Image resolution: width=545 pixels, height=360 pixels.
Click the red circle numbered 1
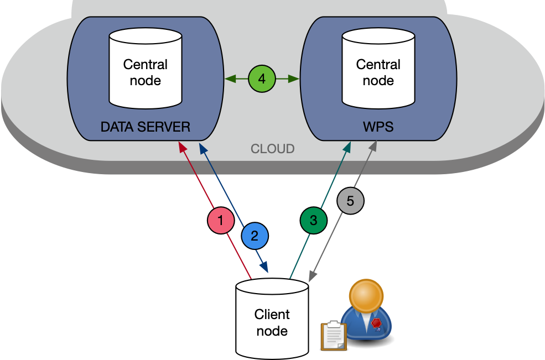click(x=221, y=221)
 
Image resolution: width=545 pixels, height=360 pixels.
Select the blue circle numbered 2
click(x=255, y=236)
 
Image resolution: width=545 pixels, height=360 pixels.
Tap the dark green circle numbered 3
click(x=314, y=220)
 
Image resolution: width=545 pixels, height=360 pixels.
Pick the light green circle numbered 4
click(x=262, y=79)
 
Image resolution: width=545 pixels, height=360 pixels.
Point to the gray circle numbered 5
click(x=350, y=201)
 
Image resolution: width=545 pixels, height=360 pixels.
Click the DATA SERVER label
click(x=146, y=127)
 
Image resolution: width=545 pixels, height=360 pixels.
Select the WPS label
click(x=378, y=127)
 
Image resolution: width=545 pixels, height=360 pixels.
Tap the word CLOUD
click(x=273, y=149)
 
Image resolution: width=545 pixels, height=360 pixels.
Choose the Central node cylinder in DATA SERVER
click(x=146, y=69)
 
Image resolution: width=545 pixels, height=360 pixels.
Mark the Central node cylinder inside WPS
click(x=378, y=69)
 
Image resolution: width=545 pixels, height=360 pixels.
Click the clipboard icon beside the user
click(x=334, y=335)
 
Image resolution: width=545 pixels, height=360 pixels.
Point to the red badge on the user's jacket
click(x=376, y=323)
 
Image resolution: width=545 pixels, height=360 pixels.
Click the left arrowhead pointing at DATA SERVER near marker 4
click(x=228, y=79)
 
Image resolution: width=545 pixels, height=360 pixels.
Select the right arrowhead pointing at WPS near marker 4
click(x=295, y=79)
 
